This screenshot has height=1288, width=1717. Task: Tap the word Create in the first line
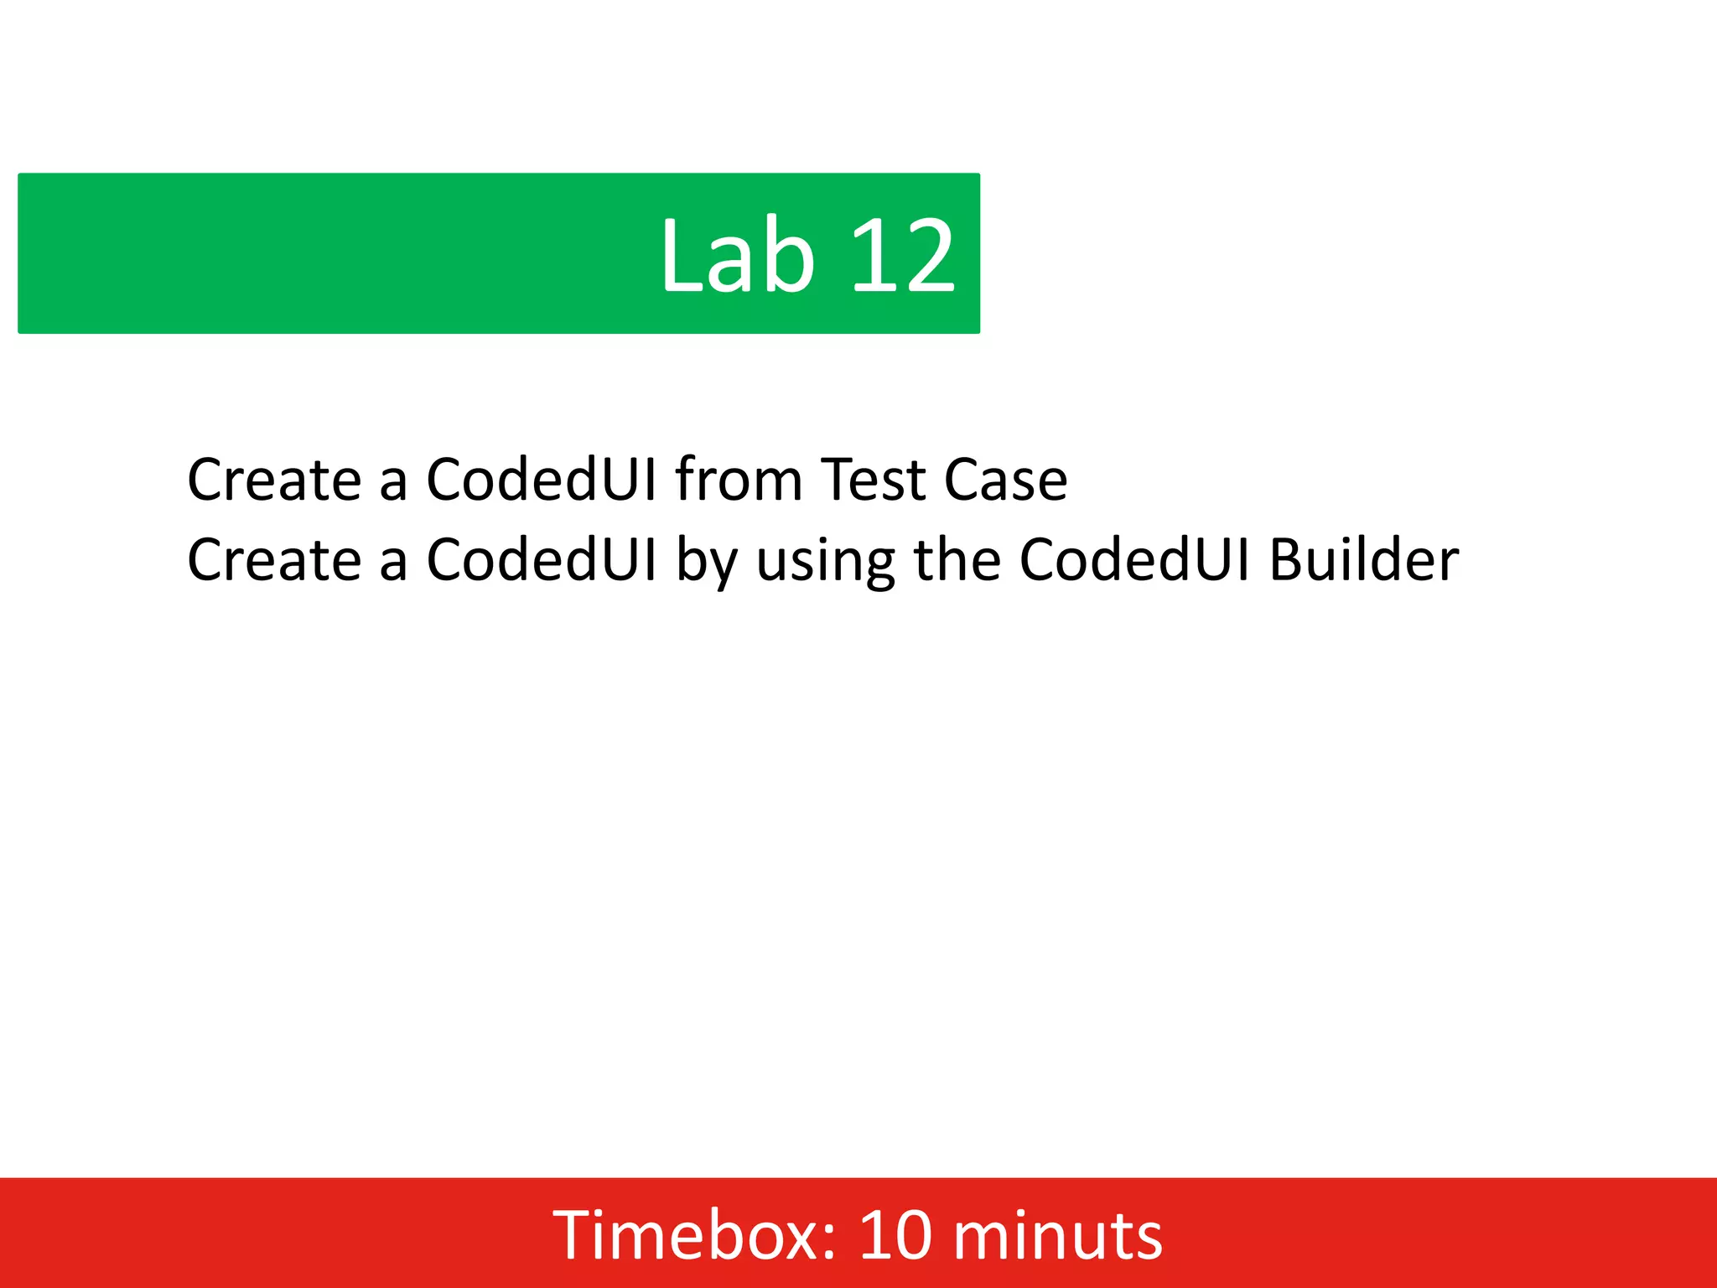coord(274,480)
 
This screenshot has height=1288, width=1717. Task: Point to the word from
coord(739,480)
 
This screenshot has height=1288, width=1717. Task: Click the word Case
coord(1005,480)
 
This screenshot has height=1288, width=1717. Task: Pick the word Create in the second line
coord(274,560)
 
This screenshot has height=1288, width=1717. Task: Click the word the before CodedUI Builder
coord(957,560)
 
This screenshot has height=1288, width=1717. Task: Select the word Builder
coord(1363,560)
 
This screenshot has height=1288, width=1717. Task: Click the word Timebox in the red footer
coord(687,1234)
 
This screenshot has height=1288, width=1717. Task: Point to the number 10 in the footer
coord(895,1234)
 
